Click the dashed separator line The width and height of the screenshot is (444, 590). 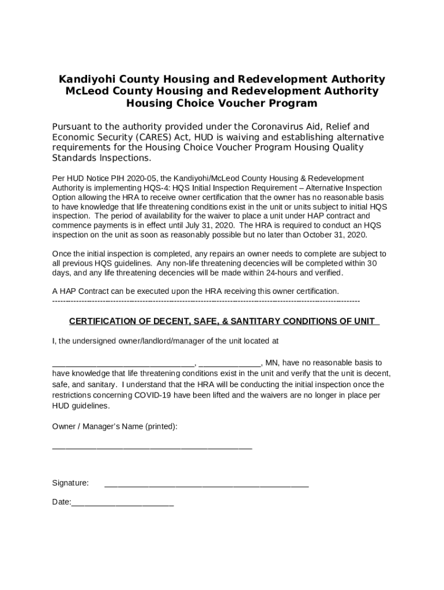coord(206,301)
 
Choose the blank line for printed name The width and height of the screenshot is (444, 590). coord(152,448)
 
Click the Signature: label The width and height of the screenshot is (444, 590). coord(70,483)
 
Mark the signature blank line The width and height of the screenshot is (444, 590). coord(206,486)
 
